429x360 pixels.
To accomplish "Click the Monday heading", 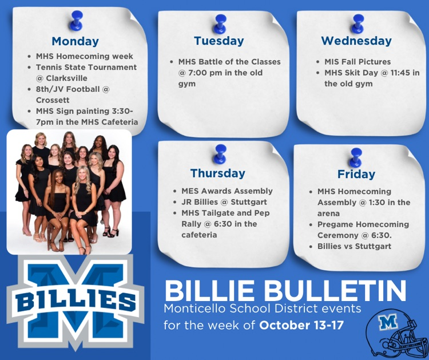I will tap(75, 41).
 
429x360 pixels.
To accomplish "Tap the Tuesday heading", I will tap(219, 41).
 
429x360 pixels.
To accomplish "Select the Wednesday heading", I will tap(356, 41).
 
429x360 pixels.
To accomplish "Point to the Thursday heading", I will tap(217, 173).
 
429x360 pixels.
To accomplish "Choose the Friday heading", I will tap(356, 174).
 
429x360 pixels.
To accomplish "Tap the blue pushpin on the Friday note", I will tap(356, 156).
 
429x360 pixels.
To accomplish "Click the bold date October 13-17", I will tap(301, 326).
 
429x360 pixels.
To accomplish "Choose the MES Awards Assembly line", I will tap(227, 191).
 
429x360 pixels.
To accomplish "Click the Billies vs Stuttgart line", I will tap(355, 246).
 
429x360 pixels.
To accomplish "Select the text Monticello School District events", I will tap(263, 308).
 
